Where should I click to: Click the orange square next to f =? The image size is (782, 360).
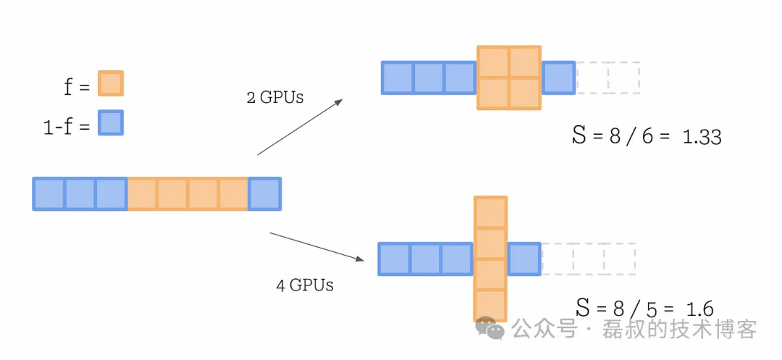111,83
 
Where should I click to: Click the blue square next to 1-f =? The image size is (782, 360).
111,122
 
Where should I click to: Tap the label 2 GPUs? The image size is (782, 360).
274,97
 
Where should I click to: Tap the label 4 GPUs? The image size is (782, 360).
304,285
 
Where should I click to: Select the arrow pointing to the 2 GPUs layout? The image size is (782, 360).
300,127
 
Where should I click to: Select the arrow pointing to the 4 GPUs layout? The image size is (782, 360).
316,246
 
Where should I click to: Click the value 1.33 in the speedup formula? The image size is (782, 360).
702,136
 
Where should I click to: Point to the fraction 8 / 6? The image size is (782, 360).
628,136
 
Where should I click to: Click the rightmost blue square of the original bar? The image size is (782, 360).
264,194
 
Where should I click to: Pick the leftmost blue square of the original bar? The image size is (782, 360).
49,194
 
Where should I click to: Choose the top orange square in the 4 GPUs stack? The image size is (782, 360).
491,212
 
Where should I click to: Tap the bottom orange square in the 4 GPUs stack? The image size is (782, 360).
491,305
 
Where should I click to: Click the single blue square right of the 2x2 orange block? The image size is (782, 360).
558,78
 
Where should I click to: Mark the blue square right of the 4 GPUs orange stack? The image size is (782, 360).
524,259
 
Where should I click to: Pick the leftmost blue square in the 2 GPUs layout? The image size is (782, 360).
398,78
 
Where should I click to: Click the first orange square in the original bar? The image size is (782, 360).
143,194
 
